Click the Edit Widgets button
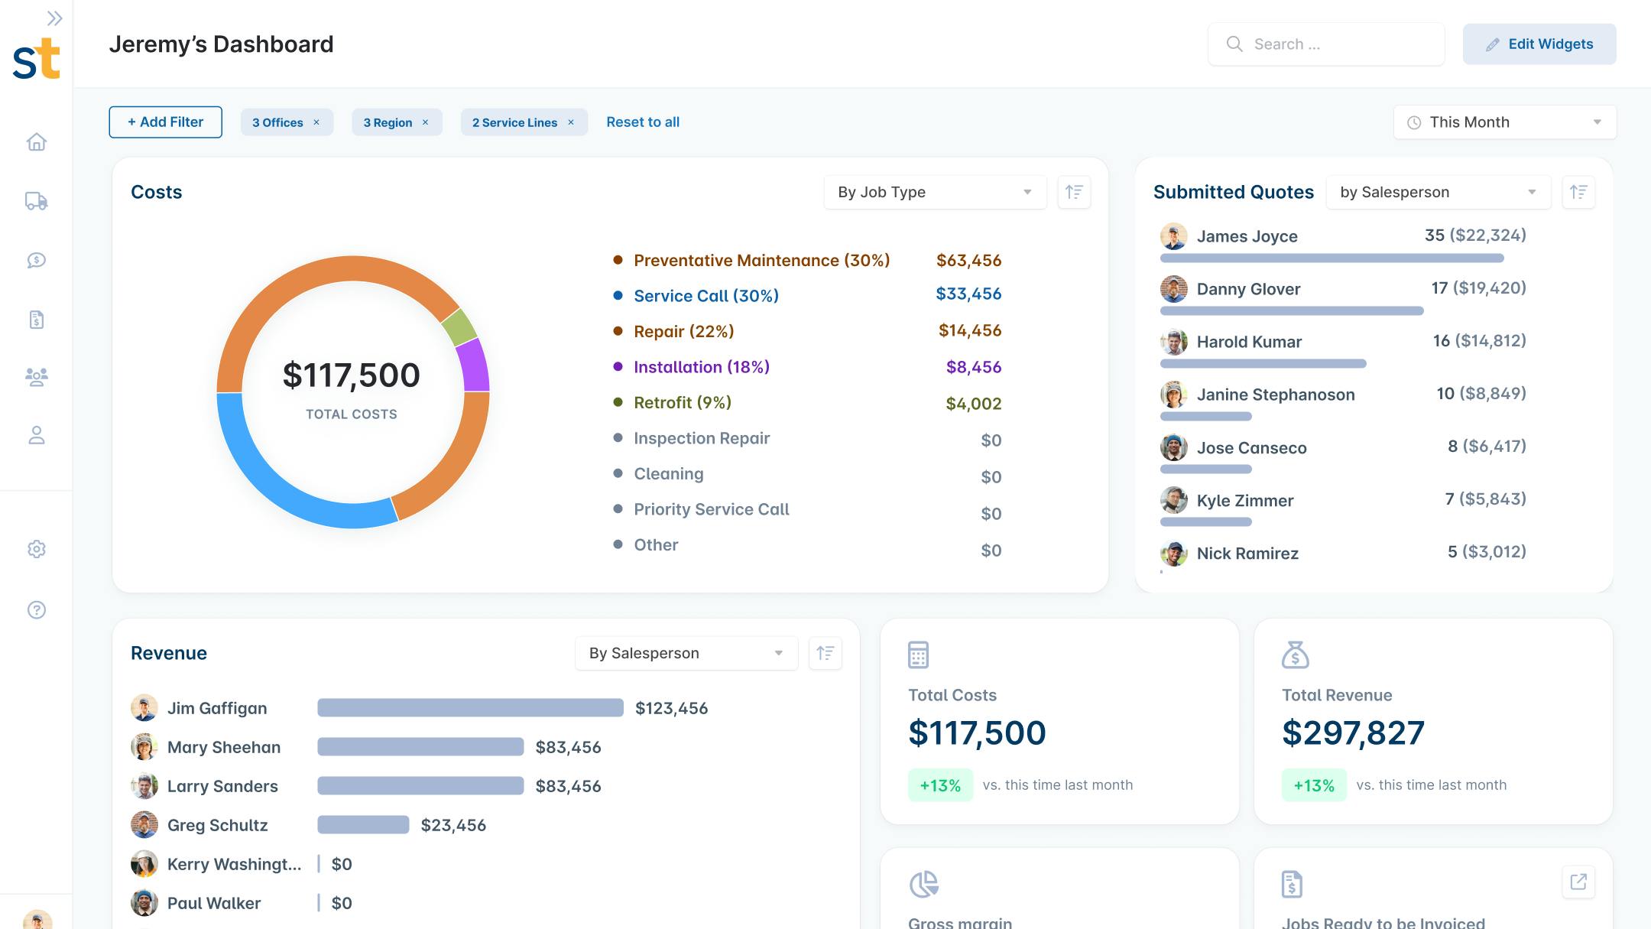pos(1539,44)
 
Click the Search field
pos(1326,44)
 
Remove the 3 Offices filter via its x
pos(316,122)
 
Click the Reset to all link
pos(642,122)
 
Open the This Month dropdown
pos(1504,122)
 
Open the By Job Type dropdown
pos(934,192)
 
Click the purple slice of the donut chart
pos(475,365)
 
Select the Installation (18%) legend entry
pos(701,367)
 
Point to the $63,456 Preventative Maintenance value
pos(968,261)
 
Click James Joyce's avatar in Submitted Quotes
pos(1173,236)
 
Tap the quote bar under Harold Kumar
pos(1263,364)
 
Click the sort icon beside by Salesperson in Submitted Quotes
pos(1578,192)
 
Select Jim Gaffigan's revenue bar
pos(470,708)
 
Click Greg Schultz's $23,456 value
pos(453,826)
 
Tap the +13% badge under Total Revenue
pos(1313,785)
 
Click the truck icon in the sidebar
pos(36,201)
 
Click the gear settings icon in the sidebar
pos(36,549)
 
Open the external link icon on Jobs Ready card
pos(1578,882)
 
